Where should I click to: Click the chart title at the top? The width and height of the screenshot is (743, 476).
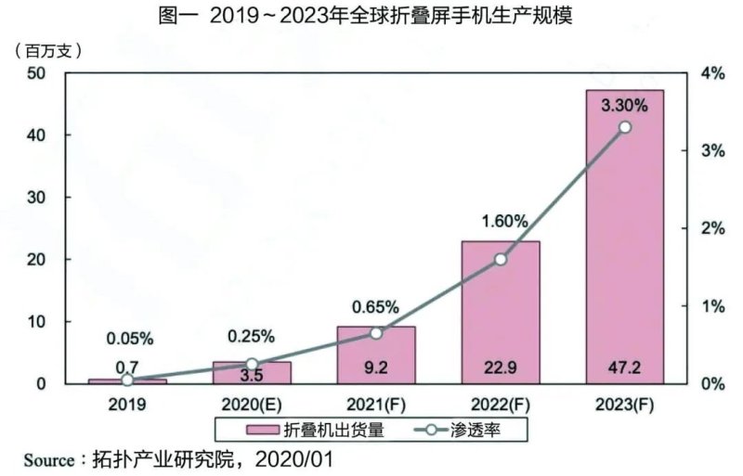[371, 17]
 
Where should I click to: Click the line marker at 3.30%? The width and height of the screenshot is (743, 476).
[624, 127]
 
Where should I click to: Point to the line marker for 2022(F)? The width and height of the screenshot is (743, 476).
[501, 260]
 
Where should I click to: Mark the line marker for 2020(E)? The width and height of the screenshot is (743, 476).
[252, 365]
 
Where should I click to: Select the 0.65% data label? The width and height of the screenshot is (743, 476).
[376, 307]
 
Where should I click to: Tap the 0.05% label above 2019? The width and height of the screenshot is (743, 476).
[128, 338]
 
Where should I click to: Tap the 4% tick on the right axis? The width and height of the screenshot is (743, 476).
[712, 73]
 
